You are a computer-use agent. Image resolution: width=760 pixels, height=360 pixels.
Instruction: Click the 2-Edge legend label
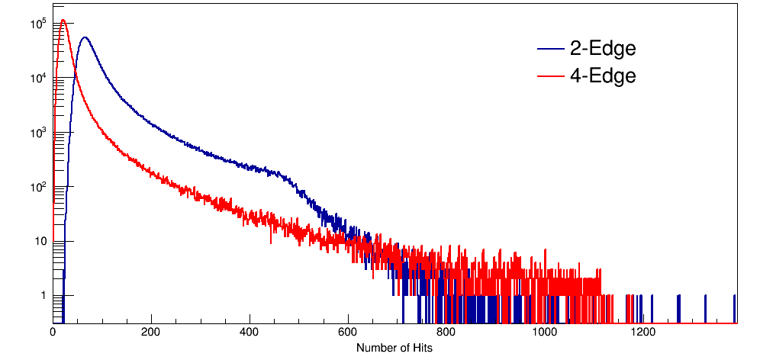tap(602, 49)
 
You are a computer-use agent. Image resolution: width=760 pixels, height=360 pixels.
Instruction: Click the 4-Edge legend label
tap(602, 76)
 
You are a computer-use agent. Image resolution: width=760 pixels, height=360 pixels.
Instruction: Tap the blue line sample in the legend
tap(549, 50)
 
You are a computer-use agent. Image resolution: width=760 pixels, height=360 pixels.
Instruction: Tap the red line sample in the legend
tap(549, 76)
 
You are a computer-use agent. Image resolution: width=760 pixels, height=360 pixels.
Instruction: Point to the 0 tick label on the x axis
tap(53, 333)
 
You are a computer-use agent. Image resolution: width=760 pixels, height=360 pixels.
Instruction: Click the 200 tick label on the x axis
tap(151, 333)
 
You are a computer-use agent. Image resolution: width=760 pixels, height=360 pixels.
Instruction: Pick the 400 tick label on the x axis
tap(250, 333)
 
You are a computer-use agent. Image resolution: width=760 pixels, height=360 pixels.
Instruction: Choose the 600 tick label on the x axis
tap(348, 333)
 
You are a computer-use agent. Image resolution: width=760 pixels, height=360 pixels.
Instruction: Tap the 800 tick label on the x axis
tap(446, 333)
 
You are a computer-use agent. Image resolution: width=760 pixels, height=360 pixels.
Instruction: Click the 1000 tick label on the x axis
tap(545, 333)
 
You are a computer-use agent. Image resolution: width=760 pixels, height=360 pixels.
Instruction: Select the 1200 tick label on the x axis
tap(643, 333)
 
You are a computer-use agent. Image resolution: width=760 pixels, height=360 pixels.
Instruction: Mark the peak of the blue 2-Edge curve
tap(85, 37)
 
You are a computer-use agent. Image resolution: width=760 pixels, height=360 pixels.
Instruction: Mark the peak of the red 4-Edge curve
tap(63, 21)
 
